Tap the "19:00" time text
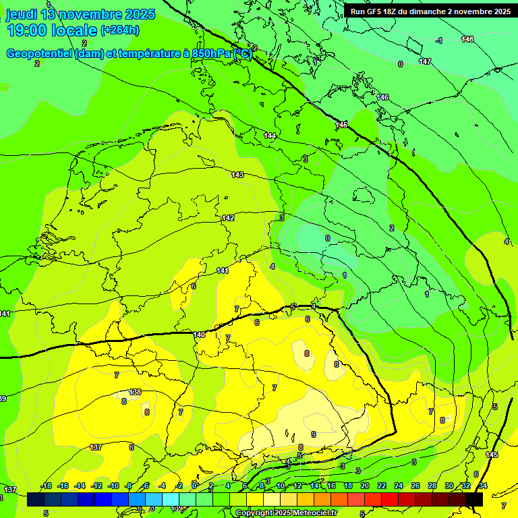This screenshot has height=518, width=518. pyautogui.click(x=28, y=30)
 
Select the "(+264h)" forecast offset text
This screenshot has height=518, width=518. pyautogui.click(x=120, y=30)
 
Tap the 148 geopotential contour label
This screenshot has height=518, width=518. pyautogui.click(x=467, y=39)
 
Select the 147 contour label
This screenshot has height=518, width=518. pyautogui.click(x=424, y=61)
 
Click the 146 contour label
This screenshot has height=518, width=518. pyautogui.click(x=382, y=98)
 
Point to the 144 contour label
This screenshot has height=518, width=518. pyautogui.click(x=270, y=136)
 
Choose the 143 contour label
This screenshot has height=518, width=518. pyautogui.click(x=237, y=175)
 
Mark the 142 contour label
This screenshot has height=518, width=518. pyautogui.click(x=228, y=218)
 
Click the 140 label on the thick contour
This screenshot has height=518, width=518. pyautogui.click(x=199, y=335)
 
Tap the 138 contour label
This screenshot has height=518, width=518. pyautogui.click(x=135, y=392)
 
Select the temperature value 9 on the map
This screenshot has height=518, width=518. pyautogui.click(x=313, y=434)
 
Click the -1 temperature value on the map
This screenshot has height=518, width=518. pyautogui.click(x=439, y=41)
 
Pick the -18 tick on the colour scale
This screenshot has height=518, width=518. pyautogui.click(x=46, y=486)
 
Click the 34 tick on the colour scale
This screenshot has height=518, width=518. pyautogui.click(x=482, y=486)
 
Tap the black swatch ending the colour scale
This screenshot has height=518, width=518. pyautogui.click(x=474, y=499)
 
